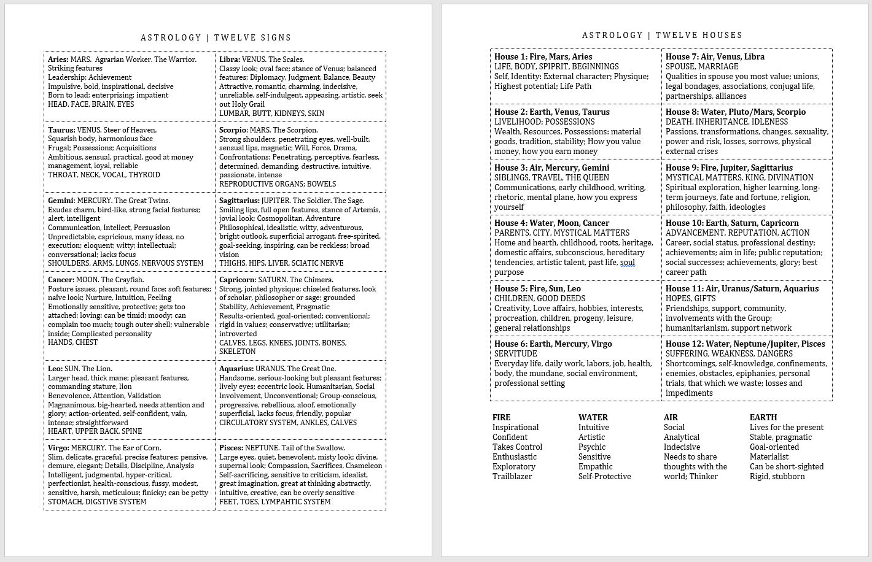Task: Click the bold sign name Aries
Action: pos(58,60)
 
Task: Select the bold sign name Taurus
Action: pos(61,130)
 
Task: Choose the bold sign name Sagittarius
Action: pos(239,201)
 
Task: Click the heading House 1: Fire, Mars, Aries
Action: pos(543,56)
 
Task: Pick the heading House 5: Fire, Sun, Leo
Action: pos(537,288)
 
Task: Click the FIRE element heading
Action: pos(501,417)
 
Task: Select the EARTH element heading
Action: pos(763,417)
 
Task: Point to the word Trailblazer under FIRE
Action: pos(512,476)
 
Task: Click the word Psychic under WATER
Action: pos(592,447)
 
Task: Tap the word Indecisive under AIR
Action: pos(682,447)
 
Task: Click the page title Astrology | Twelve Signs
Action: pos(216,37)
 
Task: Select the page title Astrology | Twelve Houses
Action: pos(662,35)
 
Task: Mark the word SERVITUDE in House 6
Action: pos(515,353)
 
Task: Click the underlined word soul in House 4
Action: pos(627,263)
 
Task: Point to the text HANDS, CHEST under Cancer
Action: pos(72,342)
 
